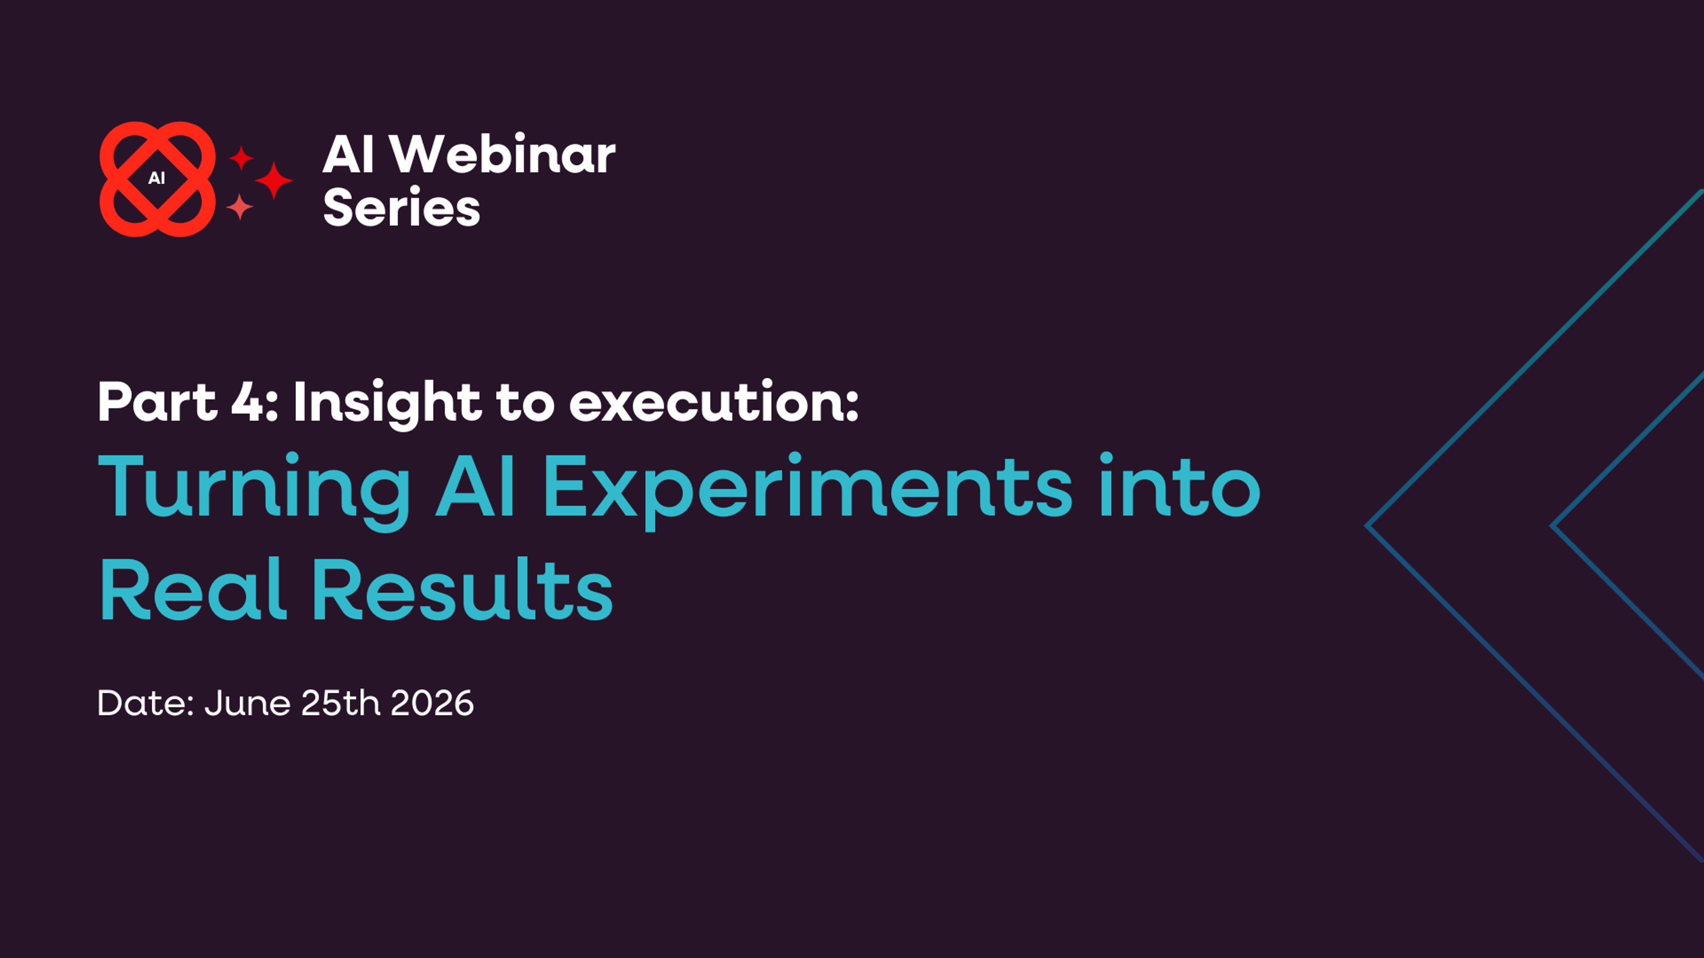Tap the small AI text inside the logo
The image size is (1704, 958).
pos(157,178)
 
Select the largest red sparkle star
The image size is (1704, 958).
pos(274,180)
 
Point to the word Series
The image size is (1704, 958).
pos(401,208)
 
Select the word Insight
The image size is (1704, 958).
pos(387,402)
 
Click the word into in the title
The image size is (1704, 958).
pos(1179,487)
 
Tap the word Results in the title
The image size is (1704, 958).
pos(461,590)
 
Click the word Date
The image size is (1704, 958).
pos(144,703)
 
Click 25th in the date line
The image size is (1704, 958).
pos(341,703)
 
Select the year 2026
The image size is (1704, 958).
pos(432,703)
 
